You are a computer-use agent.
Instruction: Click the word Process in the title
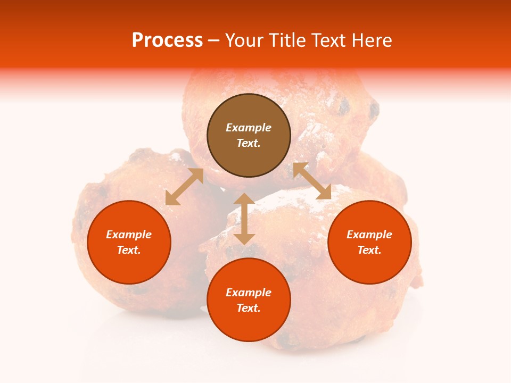(x=167, y=40)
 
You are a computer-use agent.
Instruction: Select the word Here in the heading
(x=372, y=40)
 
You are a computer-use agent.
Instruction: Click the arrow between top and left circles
(x=184, y=187)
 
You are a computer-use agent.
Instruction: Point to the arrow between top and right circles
(x=312, y=181)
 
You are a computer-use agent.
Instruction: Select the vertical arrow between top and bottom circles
(x=244, y=219)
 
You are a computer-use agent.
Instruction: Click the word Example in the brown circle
(x=249, y=128)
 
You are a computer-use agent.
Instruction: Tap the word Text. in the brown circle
(x=249, y=143)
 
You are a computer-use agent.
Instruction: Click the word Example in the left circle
(x=129, y=235)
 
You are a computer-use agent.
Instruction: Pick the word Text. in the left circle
(x=129, y=250)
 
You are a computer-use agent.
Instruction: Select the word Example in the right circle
(x=369, y=235)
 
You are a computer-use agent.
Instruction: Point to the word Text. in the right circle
(x=369, y=250)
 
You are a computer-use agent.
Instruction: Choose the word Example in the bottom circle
(x=249, y=293)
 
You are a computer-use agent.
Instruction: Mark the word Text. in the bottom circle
(x=249, y=308)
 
